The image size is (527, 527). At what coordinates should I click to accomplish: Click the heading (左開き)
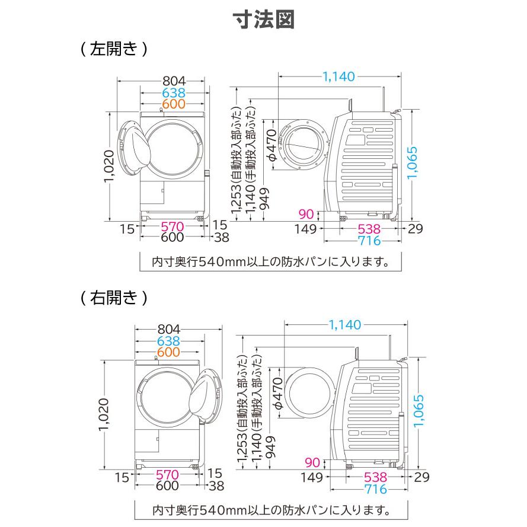point(113,49)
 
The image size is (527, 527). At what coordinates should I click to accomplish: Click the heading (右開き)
point(113,296)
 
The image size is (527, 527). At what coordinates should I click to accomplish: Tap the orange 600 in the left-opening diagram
point(174,104)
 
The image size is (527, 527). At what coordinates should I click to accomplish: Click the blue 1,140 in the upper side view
point(338,76)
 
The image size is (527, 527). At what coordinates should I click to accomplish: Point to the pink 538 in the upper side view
point(366,228)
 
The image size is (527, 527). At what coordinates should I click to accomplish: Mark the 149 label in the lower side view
point(309,477)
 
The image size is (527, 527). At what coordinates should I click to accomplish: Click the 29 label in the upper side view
point(415,228)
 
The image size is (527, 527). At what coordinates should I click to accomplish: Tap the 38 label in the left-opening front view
point(221,238)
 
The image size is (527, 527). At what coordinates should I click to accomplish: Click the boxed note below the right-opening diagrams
point(263,509)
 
